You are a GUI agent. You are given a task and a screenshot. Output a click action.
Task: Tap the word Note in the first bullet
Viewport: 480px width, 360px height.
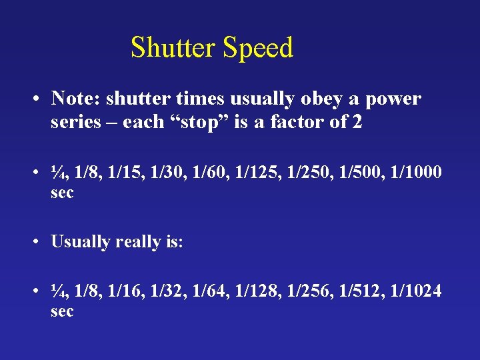pos(69,99)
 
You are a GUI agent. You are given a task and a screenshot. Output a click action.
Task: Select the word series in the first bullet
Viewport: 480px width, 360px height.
pos(71,123)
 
